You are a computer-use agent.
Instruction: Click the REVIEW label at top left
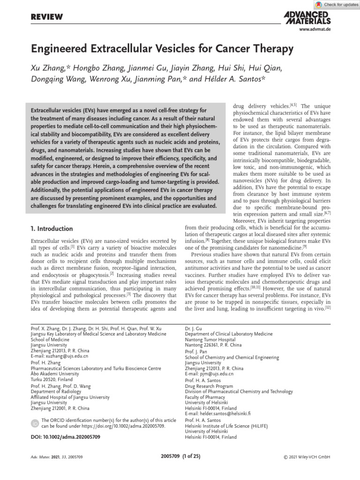[x=47, y=17]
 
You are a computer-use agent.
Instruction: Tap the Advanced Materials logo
[x=307, y=17]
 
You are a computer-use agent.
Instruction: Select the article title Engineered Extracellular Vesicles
[x=162, y=49]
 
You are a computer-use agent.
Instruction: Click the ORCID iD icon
[x=35, y=424]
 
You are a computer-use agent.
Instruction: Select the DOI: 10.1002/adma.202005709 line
[x=65, y=437]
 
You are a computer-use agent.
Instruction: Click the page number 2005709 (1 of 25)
[x=180, y=456]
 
